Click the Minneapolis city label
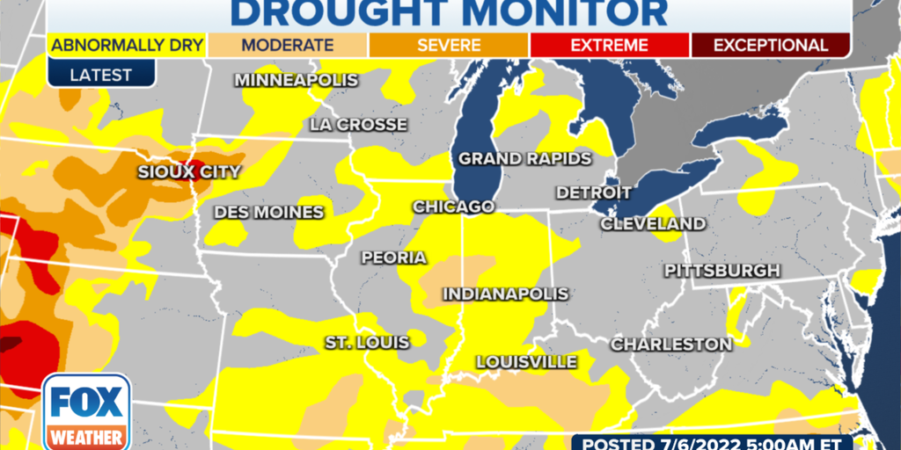click(296, 81)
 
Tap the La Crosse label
click(358, 125)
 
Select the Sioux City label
click(188, 172)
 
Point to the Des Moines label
click(268, 213)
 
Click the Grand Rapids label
click(524, 159)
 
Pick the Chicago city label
click(453, 207)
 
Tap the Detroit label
click(594, 192)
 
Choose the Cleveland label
click(653, 224)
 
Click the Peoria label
click(393, 258)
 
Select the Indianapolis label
click(505, 294)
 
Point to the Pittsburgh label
click(722, 270)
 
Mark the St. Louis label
click(367, 342)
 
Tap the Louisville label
click(526, 362)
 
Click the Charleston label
click(671, 344)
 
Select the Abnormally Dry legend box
click(128, 45)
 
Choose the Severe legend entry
click(449, 45)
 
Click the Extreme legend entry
click(609, 45)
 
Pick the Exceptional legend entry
click(770, 45)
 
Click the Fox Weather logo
click(86, 411)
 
